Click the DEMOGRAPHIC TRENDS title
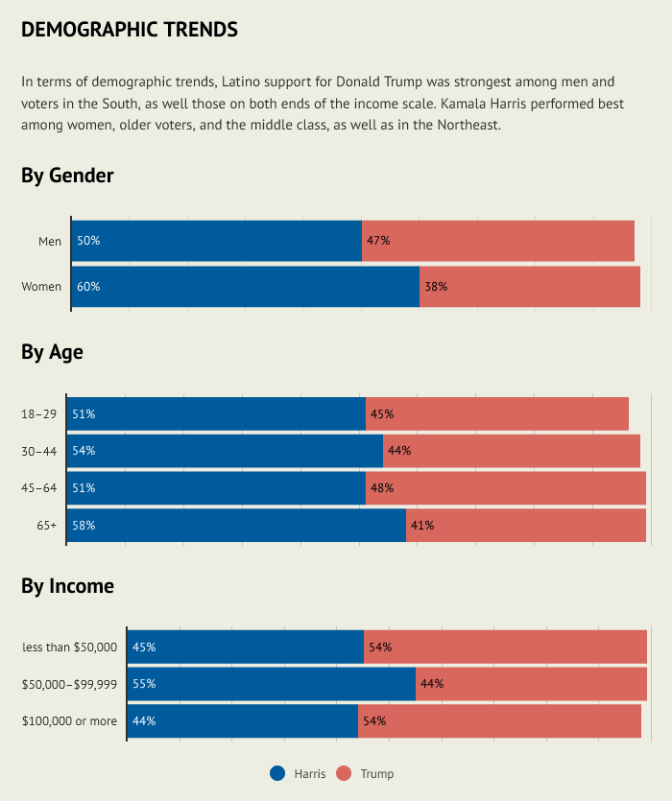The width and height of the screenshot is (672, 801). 130,30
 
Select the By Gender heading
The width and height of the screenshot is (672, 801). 67,176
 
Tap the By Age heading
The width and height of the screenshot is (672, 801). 52,352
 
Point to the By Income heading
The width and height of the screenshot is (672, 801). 67,586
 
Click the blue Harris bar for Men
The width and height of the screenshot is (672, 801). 217,241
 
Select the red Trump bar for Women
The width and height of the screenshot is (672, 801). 530,287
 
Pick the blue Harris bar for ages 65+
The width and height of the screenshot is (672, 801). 236,526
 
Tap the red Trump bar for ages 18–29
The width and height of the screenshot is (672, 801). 497,414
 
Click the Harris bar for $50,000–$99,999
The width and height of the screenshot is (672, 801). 272,684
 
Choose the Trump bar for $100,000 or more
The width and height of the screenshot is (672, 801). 499,720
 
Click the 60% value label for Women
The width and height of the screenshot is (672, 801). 88,287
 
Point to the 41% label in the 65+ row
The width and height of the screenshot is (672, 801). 422,526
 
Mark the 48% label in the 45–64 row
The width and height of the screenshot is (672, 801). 382,488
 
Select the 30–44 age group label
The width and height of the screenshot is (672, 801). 38,451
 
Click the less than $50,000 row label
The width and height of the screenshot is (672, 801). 70,648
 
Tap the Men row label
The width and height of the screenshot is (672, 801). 50,241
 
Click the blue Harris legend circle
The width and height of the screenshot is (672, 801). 278,774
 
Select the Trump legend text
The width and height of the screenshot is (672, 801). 377,774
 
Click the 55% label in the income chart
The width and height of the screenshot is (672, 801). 144,684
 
